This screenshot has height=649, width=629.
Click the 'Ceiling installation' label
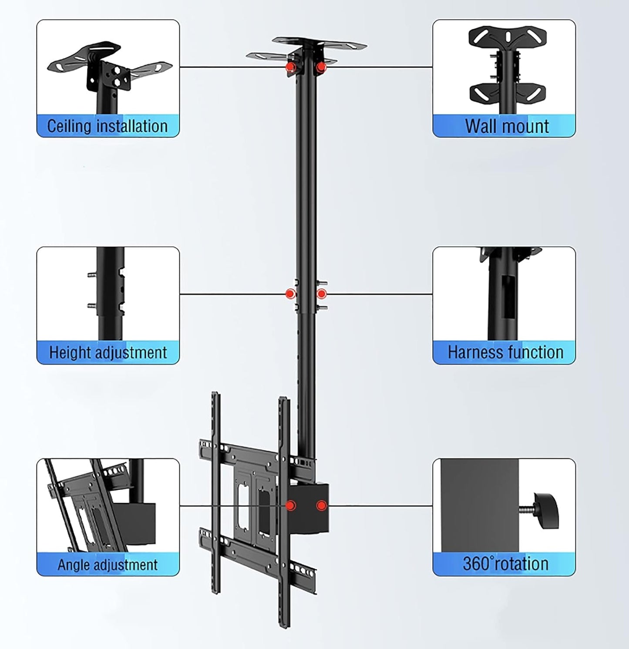tap(108, 126)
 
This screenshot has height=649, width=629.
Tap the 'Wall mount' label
tap(507, 126)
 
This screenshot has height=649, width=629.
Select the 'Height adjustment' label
tap(108, 352)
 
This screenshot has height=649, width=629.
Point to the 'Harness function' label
tap(505, 352)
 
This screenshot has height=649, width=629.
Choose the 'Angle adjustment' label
tap(108, 565)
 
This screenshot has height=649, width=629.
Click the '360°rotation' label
tap(505, 564)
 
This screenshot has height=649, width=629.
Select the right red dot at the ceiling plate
tap(321, 67)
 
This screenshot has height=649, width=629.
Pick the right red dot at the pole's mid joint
tap(321, 294)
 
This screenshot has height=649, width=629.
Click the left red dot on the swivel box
tap(290, 505)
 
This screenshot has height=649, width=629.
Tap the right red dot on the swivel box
tap(321, 505)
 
